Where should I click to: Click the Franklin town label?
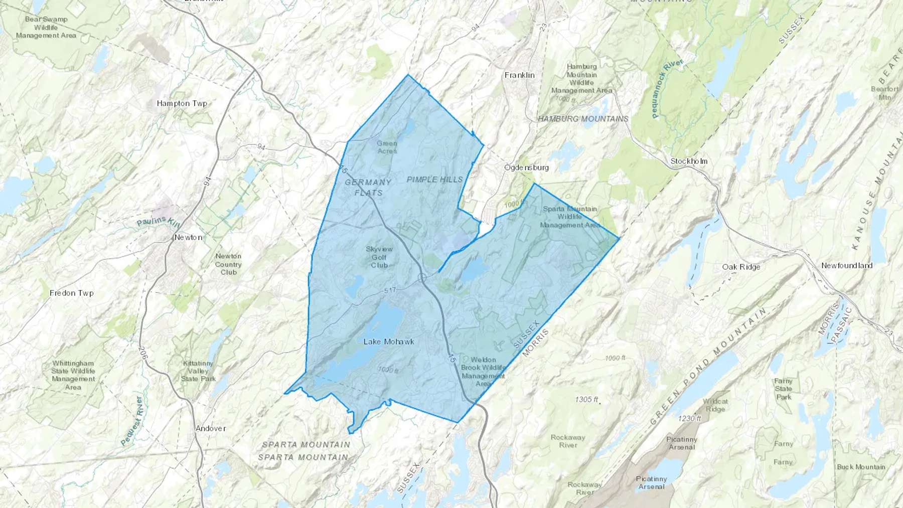(x=519, y=75)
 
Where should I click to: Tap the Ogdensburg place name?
(x=526, y=167)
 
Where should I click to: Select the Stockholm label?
(x=689, y=161)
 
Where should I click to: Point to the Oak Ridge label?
(x=741, y=267)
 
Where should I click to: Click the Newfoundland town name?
(x=847, y=266)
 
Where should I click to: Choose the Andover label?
(x=211, y=428)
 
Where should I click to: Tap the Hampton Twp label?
(x=182, y=104)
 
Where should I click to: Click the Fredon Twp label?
(x=71, y=293)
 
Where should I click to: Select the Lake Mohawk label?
(x=389, y=342)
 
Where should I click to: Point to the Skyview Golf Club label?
(x=379, y=257)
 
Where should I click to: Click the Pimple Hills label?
(x=434, y=179)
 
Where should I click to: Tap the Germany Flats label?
(x=368, y=187)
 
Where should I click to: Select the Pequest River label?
(x=131, y=421)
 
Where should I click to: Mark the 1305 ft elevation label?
(x=586, y=400)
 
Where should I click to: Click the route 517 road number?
(x=390, y=291)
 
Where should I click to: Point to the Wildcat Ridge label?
(x=715, y=405)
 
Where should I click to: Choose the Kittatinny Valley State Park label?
(x=198, y=371)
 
